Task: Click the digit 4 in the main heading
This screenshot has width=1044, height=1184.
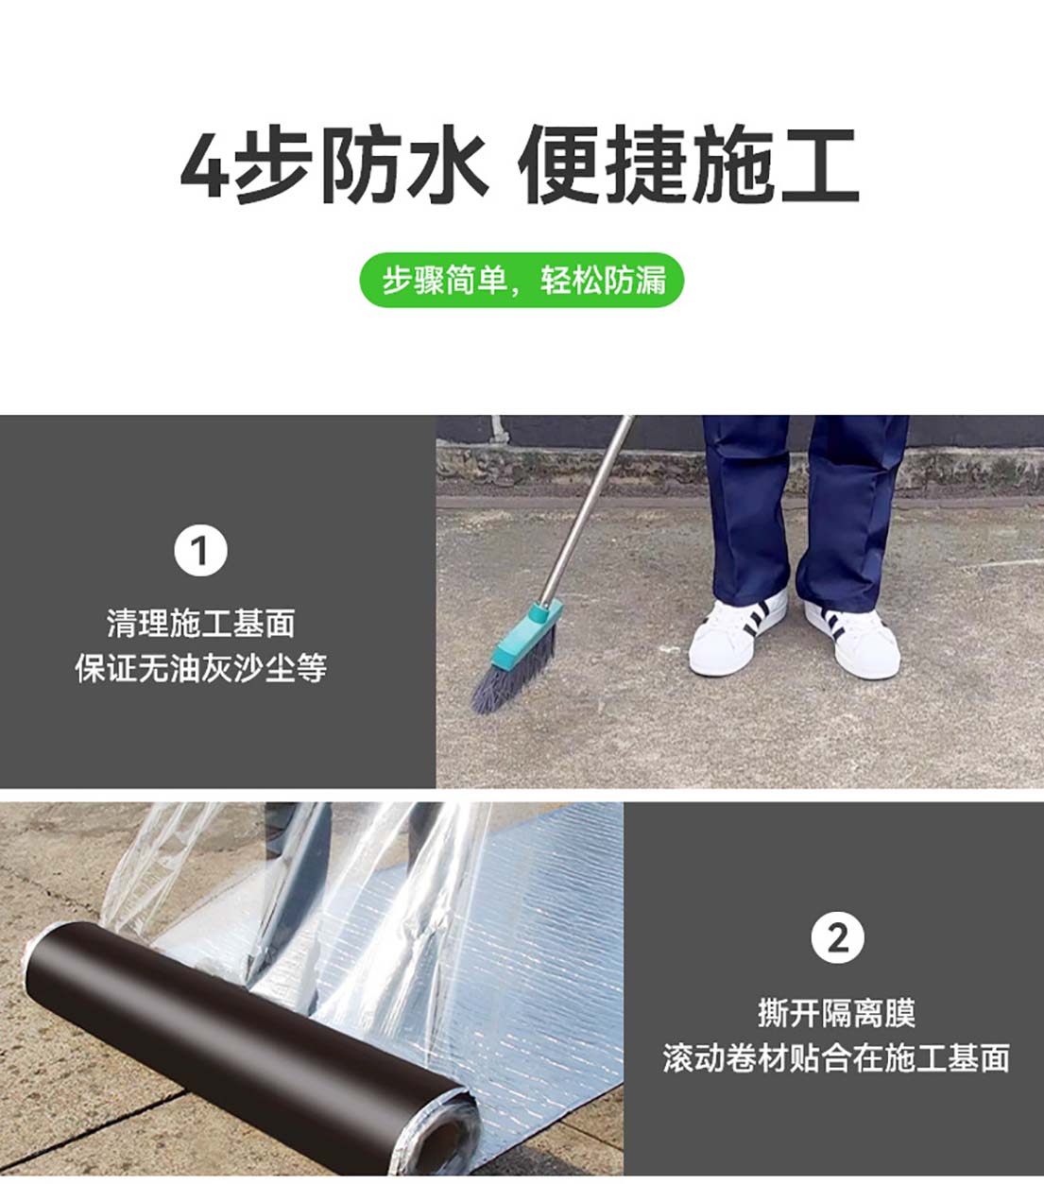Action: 205,166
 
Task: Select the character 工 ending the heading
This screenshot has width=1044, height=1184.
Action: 819,166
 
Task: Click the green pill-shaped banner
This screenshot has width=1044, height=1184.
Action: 522,280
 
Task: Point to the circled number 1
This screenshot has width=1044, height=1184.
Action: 200,551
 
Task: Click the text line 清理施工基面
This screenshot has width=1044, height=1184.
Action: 200,623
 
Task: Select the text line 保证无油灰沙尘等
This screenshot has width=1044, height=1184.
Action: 200,668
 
